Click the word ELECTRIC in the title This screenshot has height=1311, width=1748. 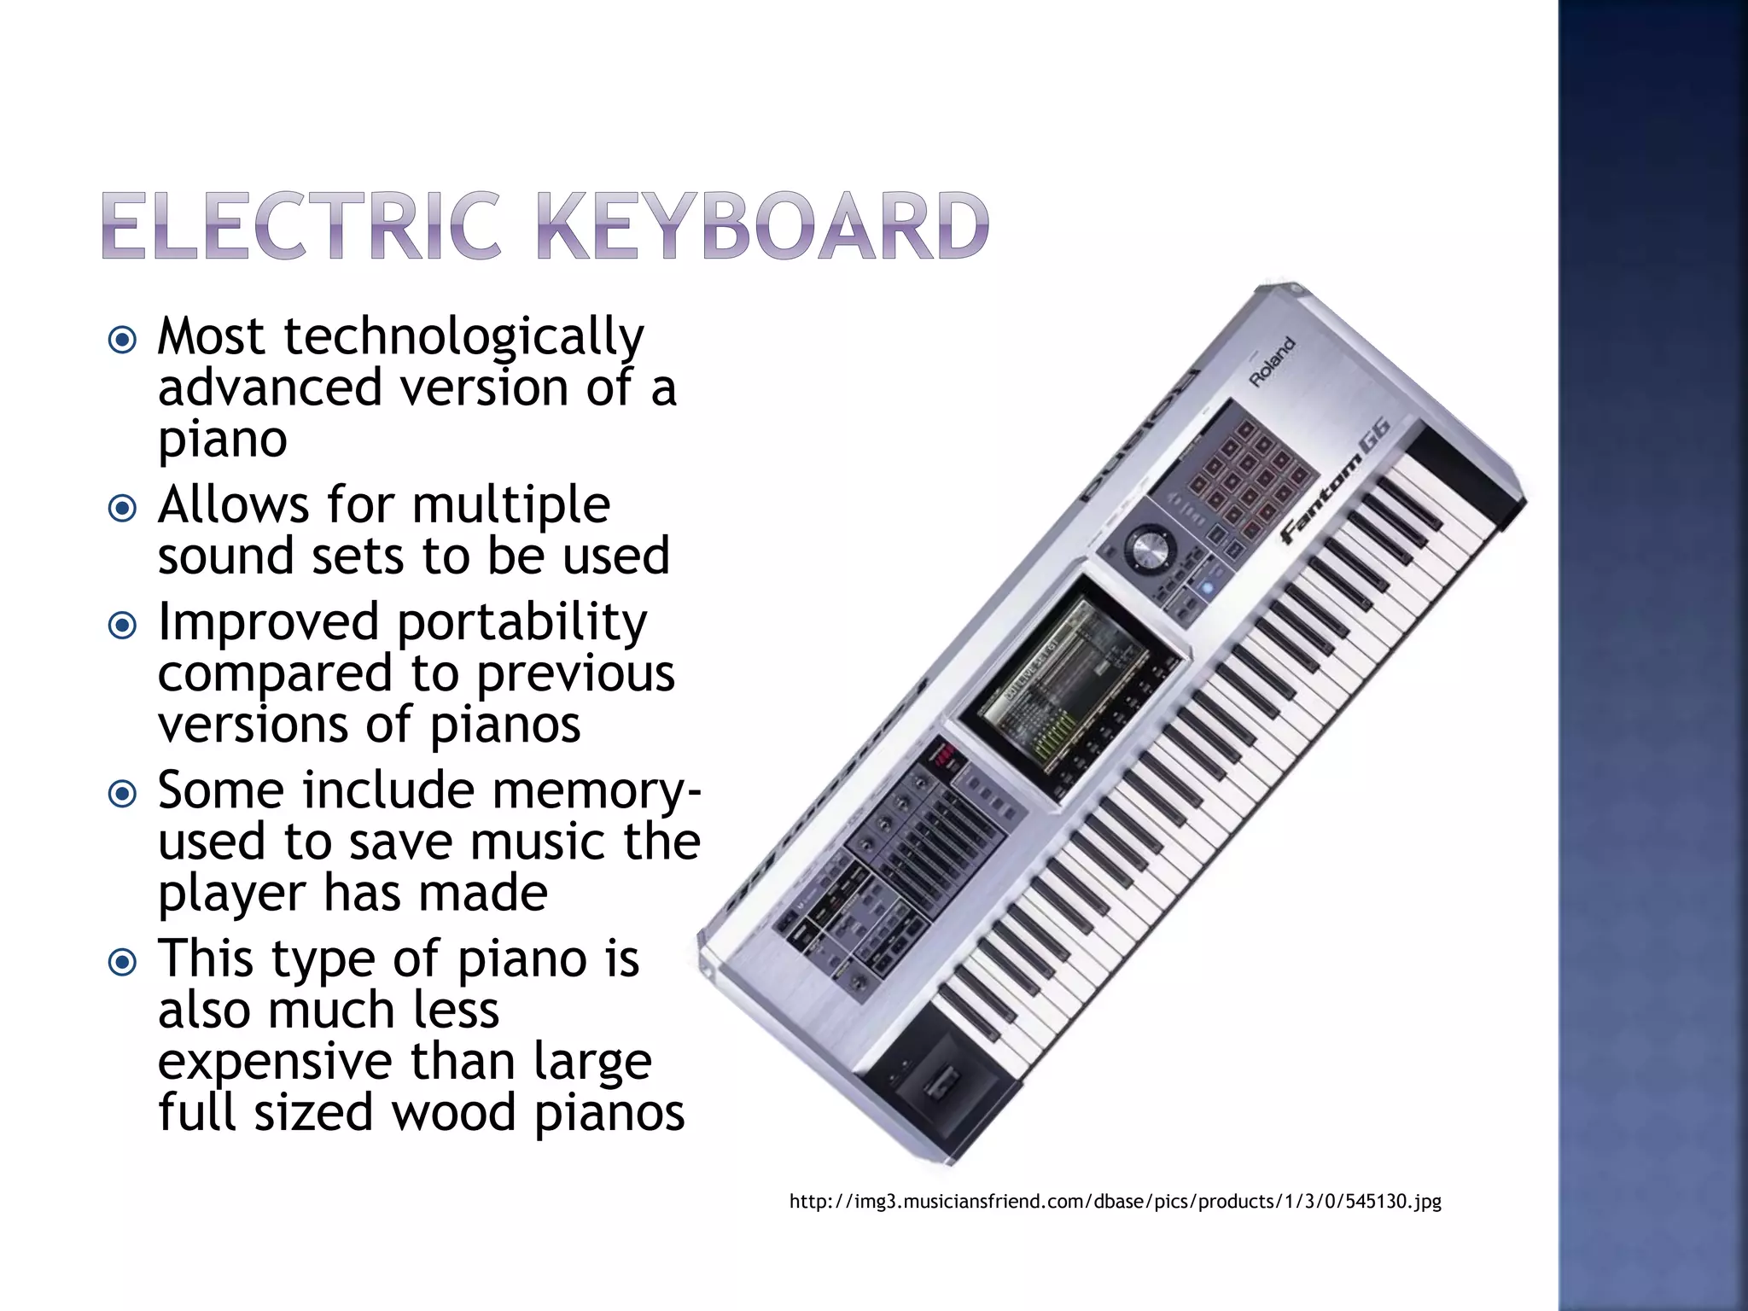[300, 225]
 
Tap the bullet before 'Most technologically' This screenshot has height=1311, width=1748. [123, 341]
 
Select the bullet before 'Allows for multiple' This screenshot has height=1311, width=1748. [123, 509]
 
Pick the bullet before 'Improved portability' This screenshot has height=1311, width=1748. [123, 626]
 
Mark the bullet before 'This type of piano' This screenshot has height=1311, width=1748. [123, 963]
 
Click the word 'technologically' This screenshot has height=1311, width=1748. [463, 337]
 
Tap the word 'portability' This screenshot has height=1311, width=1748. [522, 623]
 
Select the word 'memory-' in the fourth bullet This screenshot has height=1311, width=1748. [597, 791]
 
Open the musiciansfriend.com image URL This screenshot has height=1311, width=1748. [1115, 1202]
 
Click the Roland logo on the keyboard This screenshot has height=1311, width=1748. [1272, 362]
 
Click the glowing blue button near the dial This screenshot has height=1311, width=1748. [1206, 587]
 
